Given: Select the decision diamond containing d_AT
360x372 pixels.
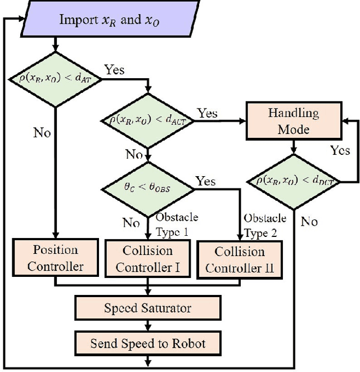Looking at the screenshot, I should click(x=55, y=77).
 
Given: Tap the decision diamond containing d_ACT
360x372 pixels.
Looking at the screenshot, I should click(x=147, y=119).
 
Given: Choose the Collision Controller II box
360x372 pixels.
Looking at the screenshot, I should click(x=240, y=259).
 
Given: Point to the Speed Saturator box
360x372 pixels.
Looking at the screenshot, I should click(x=147, y=308).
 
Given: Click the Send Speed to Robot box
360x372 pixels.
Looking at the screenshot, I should click(x=147, y=343).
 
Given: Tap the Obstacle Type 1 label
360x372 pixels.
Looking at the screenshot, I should click(x=177, y=223).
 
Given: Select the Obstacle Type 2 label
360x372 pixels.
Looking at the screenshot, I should click(x=265, y=224).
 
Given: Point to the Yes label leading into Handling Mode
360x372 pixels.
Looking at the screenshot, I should click(x=208, y=113).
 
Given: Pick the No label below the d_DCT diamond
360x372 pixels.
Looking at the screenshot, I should click(x=308, y=221).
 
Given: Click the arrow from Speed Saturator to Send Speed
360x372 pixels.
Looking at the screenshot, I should click(x=147, y=325).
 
